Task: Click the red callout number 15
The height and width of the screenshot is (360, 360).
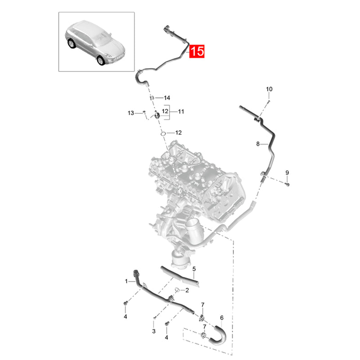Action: (197, 51)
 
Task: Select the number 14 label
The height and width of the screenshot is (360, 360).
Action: (166, 98)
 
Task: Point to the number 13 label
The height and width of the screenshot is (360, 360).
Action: (131, 112)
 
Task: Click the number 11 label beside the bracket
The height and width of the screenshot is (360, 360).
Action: (181, 111)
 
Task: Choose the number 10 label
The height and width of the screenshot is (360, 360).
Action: (269, 89)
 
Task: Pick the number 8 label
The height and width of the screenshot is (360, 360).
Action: (258, 144)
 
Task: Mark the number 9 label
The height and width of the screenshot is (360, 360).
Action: (287, 173)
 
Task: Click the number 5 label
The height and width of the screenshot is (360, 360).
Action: (194, 270)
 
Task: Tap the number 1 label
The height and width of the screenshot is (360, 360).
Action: (126, 281)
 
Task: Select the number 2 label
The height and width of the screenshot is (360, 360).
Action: (187, 290)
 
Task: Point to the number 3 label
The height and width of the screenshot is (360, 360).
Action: (153, 331)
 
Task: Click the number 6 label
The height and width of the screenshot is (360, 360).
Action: (221, 318)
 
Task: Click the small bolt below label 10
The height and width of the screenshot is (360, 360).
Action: (267, 102)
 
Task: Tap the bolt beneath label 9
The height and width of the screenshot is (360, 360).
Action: (288, 184)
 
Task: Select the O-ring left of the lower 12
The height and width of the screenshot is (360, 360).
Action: (163, 133)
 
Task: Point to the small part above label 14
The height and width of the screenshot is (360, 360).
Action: (152, 98)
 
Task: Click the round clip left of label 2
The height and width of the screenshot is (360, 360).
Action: (176, 289)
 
